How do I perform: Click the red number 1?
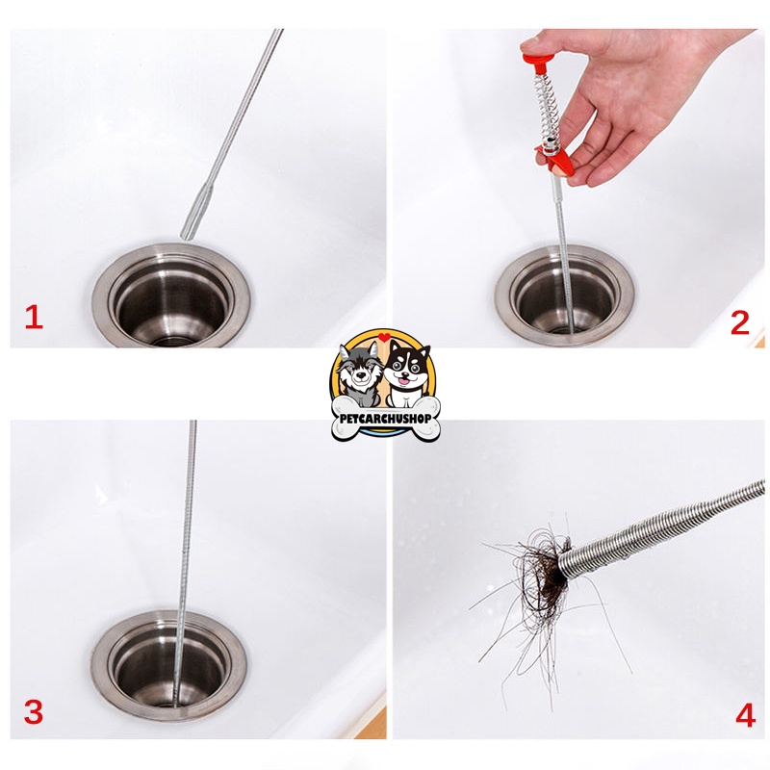click(34, 318)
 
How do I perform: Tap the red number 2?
click(739, 322)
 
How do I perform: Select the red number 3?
click(34, 711)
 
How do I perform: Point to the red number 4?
click(745, 715)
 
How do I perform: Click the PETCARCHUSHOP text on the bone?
click(386, 419)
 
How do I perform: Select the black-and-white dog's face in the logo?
click(407, 370)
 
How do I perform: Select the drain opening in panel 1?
click(171, 299)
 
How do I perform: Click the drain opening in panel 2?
click(565, 297)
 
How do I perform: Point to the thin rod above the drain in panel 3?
click(188, 516)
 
